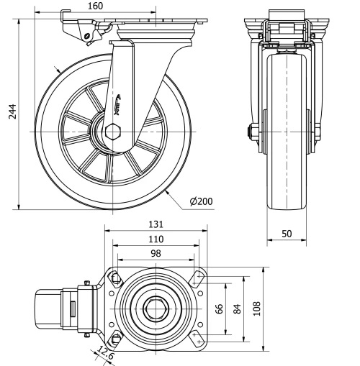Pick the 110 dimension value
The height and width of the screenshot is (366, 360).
155,239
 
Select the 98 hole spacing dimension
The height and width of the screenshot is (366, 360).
155,252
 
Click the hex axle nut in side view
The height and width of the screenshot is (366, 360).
112,132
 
